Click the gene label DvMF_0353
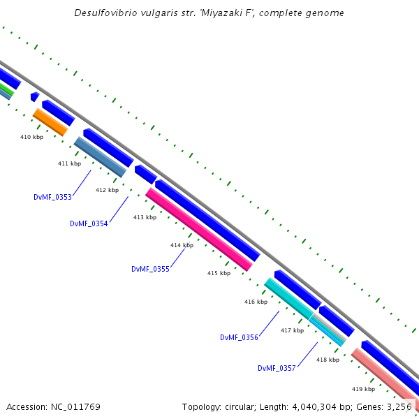(x=52, y=197)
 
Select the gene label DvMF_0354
(x=89, y=223)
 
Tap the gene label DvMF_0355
(x=150, y=269)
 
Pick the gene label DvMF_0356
(x=239, y=337)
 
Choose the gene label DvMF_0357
(x=277, y=368)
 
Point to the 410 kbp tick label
(x=31, y=137)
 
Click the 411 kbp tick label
(x=69, y=163)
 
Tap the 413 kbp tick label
(x=145, y=217)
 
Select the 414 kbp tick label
(x=182, y=245)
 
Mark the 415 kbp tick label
(x=219, y=273)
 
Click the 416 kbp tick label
(x=256, y=302)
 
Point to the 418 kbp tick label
(x=328, y=360)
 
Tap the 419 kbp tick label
(x=363, y=389)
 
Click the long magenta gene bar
(x=198, y=229)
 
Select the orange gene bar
(x=50, y=122)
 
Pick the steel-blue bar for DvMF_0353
(x=100, y=156)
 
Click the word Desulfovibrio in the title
(x=105, y=13)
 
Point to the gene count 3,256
(x=398, y=406)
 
